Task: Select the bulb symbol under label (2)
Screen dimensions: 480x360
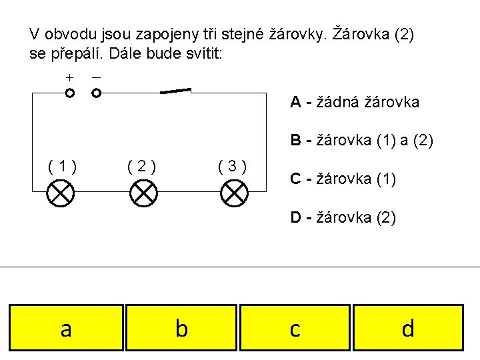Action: tap(143, 193)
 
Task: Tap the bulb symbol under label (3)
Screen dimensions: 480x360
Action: tap(234, 193)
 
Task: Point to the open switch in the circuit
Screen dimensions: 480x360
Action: tap(175, 91)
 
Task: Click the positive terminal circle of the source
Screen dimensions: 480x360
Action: tap(70, 93)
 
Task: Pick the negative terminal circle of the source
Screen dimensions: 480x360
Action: tap(96, 93)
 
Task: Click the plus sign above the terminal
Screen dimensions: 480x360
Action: tap(69, 77)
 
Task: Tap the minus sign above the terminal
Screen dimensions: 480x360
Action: tap(96, 77)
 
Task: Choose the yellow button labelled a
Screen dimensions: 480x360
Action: tap(66, 328)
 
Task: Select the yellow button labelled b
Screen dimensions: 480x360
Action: tap(181, 328)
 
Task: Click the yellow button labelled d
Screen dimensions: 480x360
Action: tap(408, 328)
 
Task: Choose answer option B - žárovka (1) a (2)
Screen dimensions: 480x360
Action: tap(361, 141)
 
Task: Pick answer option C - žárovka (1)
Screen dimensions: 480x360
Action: tap(342, 178)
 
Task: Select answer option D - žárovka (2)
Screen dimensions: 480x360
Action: tap(343, 217)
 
